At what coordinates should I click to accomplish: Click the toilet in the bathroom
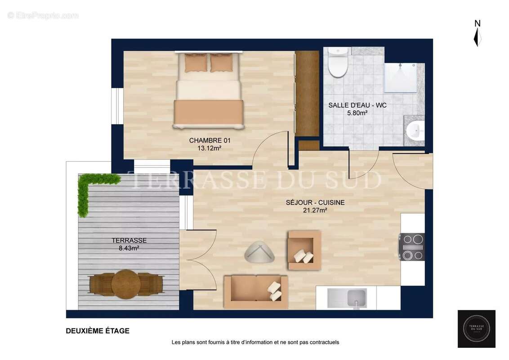[x=338, y=63]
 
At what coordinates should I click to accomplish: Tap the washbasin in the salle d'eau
[x=415, y=131]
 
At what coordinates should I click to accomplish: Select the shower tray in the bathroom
[x=400, y=77]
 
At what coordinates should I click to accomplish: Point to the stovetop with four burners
[x=412, y=247]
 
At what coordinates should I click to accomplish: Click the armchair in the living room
[x=304, y=250]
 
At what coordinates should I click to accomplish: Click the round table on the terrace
[x=126, y=284]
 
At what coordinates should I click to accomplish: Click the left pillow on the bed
[x=196, y=63]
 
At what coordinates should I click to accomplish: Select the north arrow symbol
[x=477, y=33]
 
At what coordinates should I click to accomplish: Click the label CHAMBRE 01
[x=210, y=140]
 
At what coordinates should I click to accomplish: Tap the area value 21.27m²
[x=315, y=210]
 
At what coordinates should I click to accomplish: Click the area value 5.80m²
[x=357, y=113]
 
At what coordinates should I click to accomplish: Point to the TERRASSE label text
[x=129, y=240]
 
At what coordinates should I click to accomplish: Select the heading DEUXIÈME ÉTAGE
[x=98, y=331]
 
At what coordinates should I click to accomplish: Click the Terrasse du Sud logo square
[x=476, y=328]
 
